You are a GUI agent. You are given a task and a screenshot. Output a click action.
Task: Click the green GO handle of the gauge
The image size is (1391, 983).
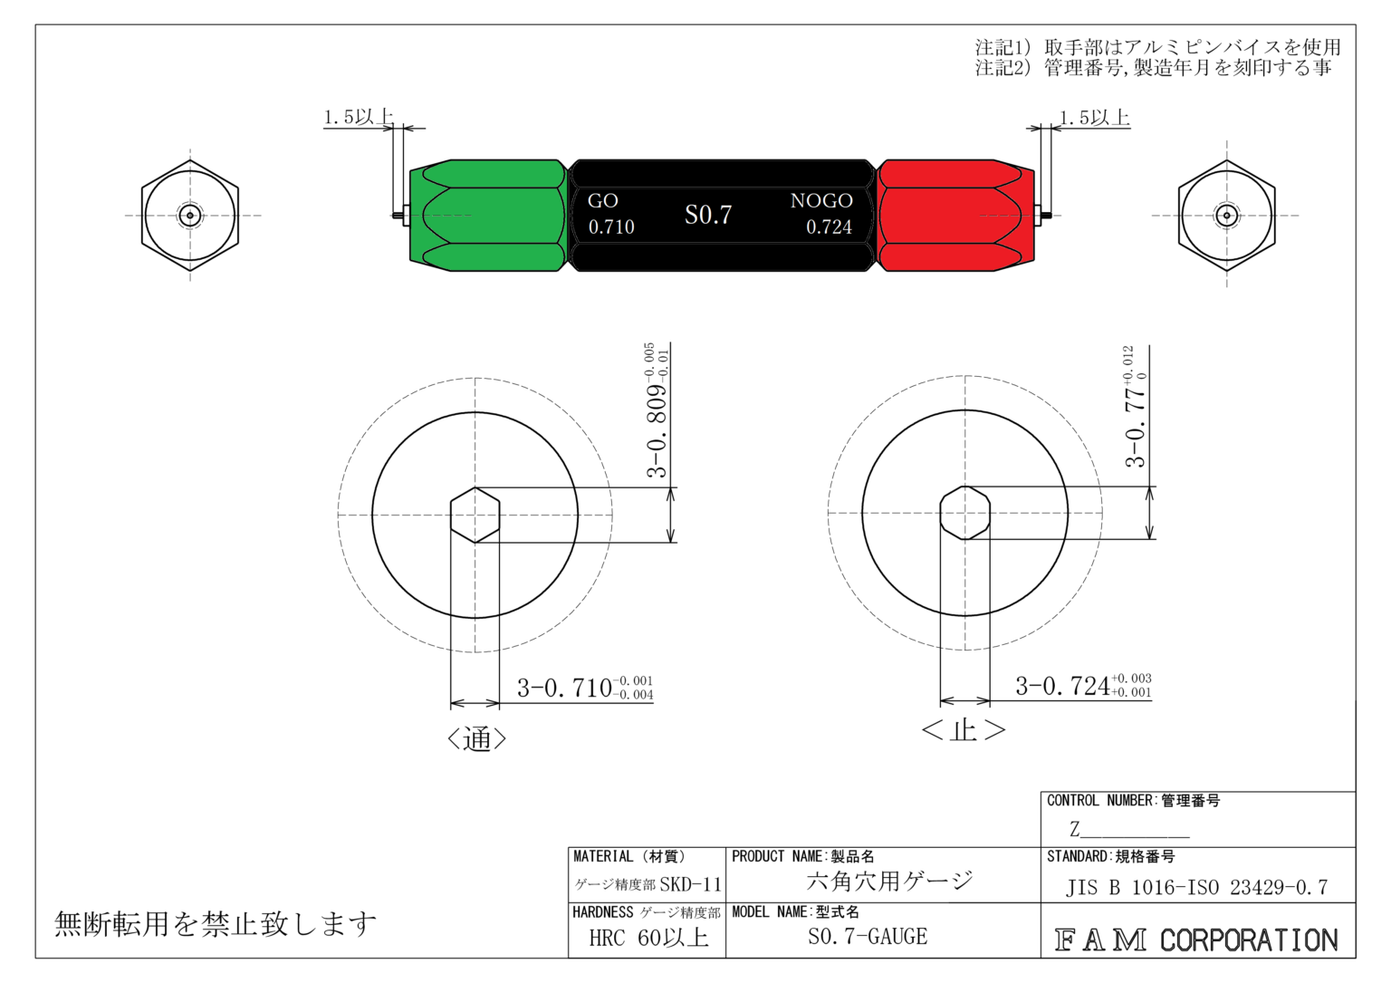tap(488, 216)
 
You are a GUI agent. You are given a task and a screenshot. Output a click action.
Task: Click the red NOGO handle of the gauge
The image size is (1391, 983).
tap(956, 216)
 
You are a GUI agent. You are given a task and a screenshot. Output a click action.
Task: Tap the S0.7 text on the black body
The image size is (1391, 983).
tap(708, 215)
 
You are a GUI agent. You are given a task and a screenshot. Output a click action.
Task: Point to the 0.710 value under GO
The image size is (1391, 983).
tap(611, 227)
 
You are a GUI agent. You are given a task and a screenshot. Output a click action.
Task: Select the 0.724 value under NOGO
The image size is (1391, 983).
tap(829, 227)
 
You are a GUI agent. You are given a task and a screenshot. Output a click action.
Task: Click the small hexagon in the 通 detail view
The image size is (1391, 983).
tap(475, 516)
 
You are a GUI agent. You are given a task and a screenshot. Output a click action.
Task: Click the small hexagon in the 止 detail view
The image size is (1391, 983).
tap(964, 514)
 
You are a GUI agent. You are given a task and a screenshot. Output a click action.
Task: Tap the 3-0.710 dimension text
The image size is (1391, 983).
tap(585, 688)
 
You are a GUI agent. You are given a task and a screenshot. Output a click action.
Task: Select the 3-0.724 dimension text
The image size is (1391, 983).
tap(1084, 686)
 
